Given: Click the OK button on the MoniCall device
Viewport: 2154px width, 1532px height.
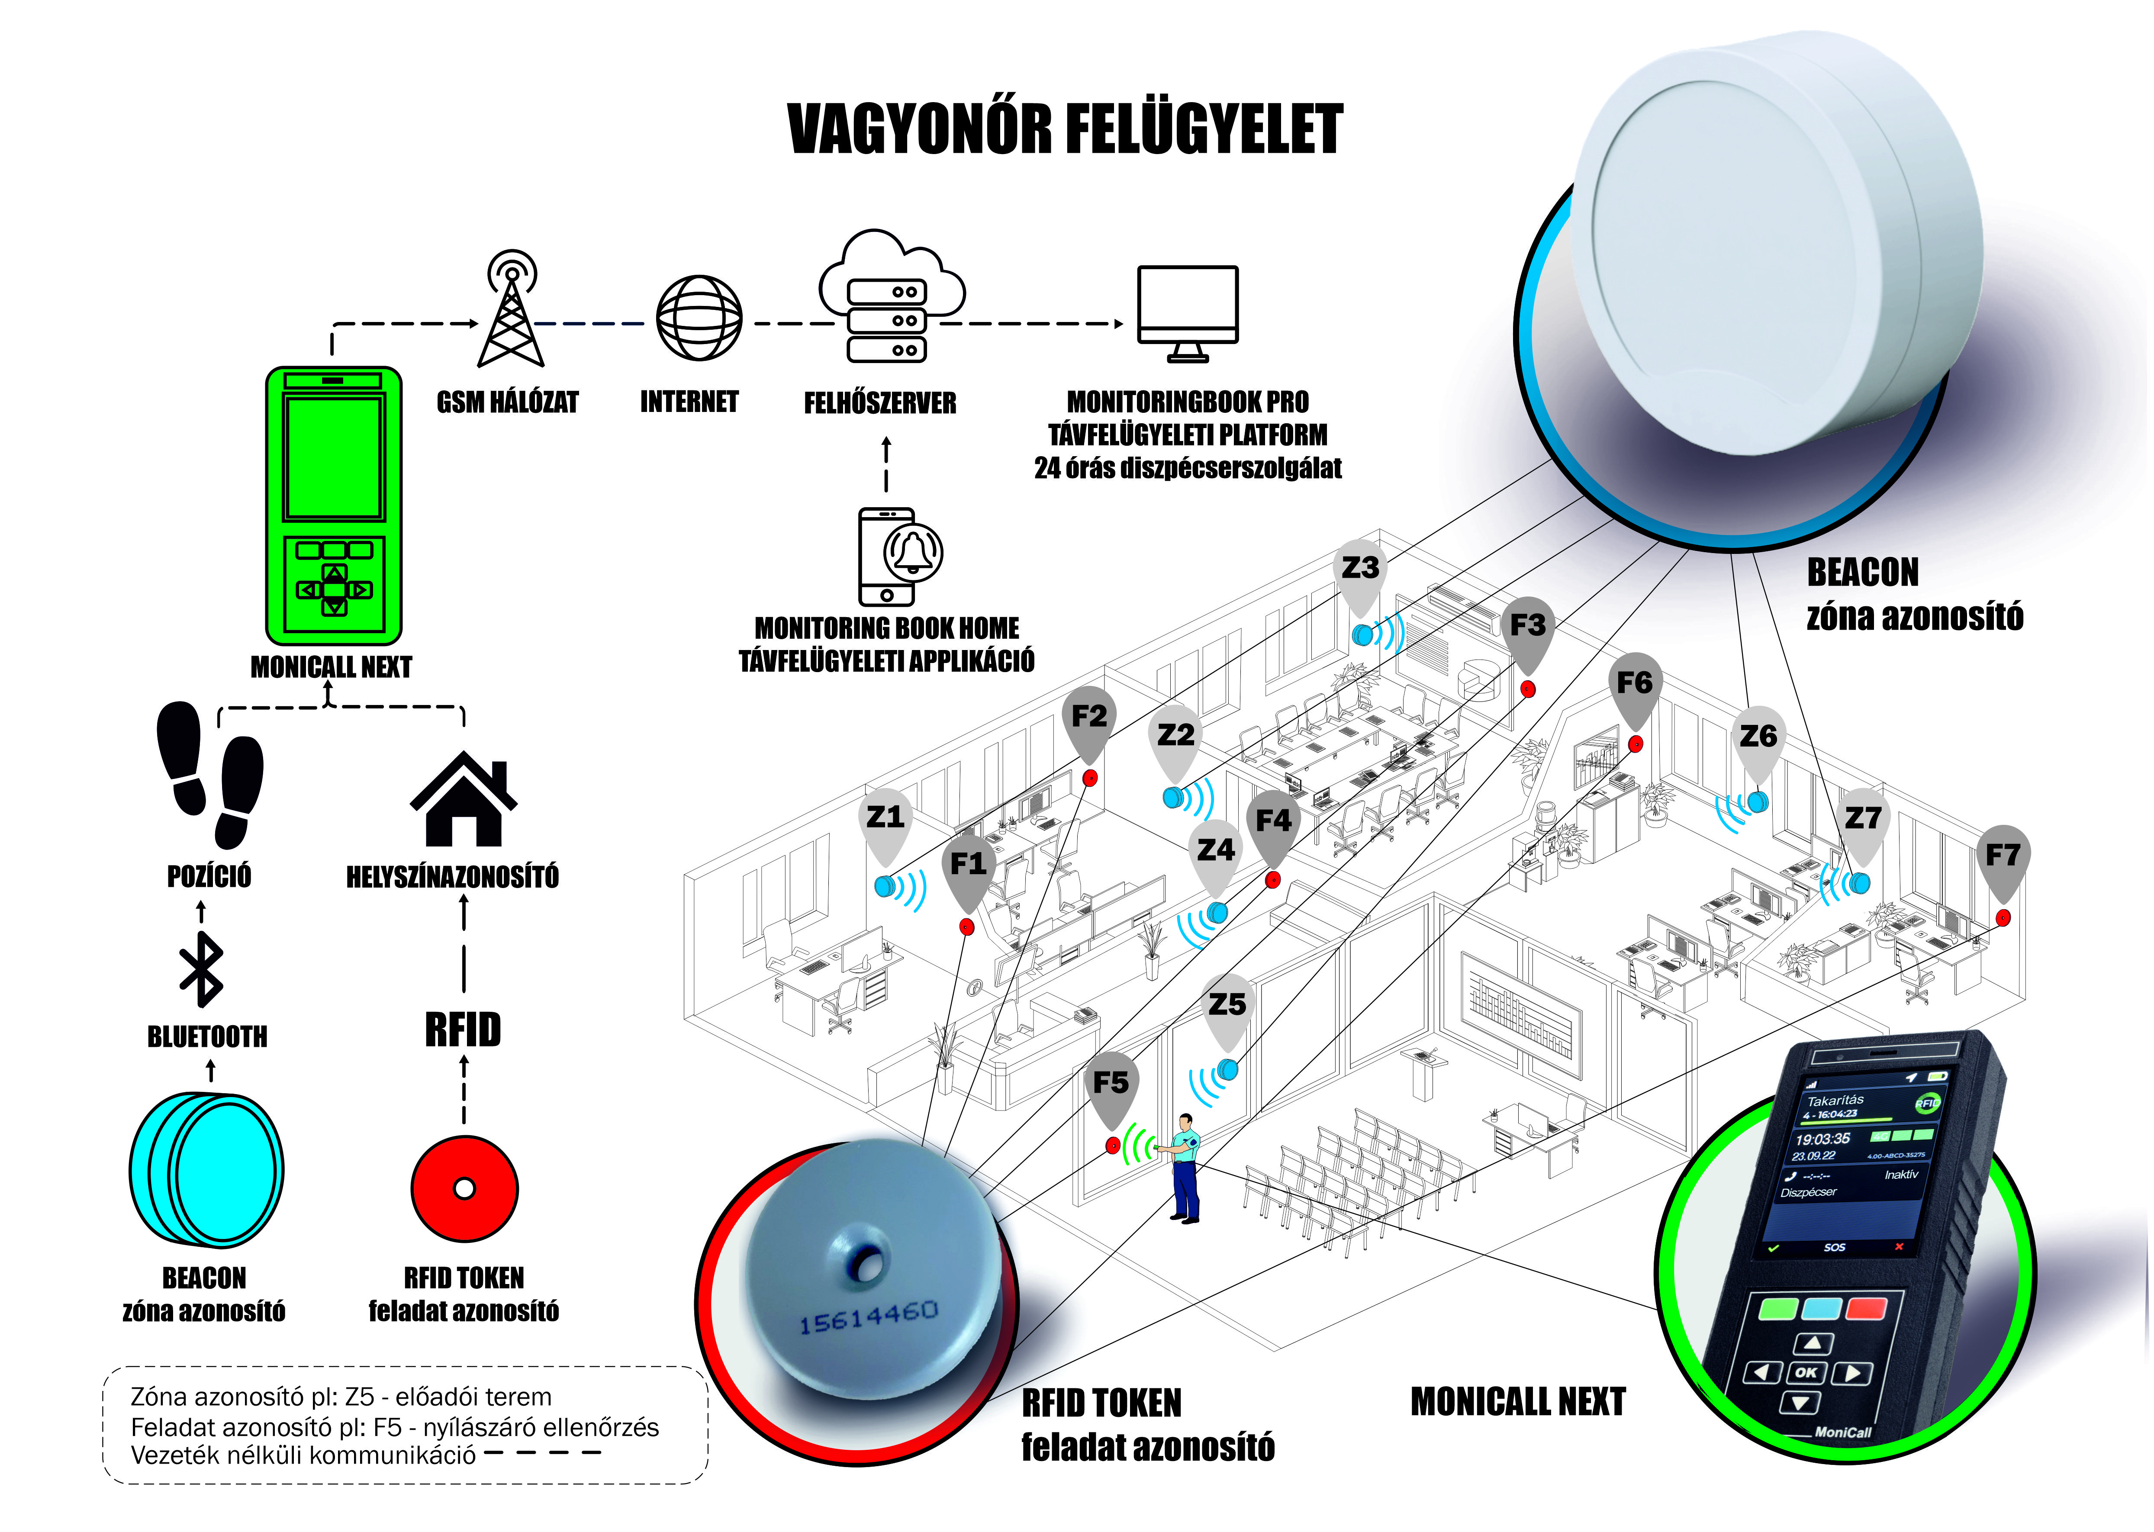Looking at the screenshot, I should click(1805, 1373).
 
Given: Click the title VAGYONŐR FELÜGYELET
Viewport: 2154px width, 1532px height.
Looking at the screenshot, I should click(1064, 129).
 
